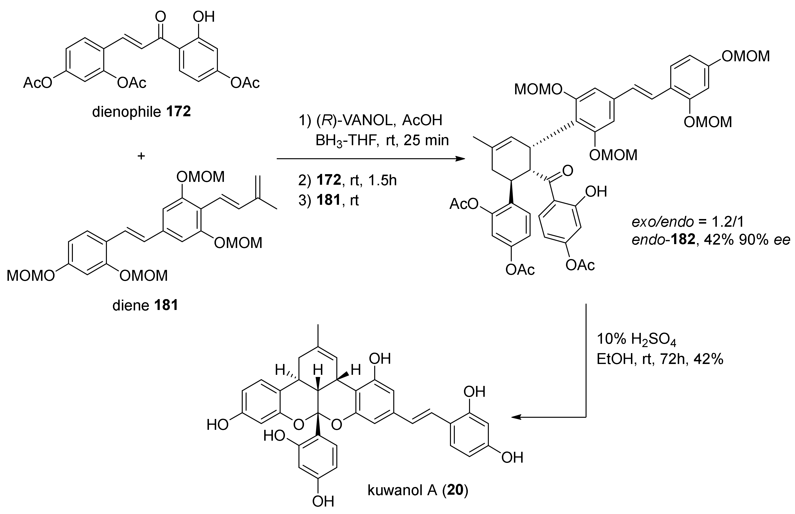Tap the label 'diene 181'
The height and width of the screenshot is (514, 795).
click(145, 305)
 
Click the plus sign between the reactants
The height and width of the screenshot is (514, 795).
click(141, 156)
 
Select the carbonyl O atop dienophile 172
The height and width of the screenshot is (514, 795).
click(161, 17)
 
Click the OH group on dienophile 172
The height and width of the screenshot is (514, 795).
click(203, 17)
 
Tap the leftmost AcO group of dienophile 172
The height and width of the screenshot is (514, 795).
click(37, 83)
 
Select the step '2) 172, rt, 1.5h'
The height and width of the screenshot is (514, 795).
click(347, 181)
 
